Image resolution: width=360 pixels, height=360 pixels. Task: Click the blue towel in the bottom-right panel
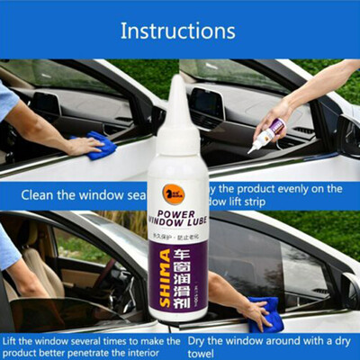pyautogui.click(x=266, y=310)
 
